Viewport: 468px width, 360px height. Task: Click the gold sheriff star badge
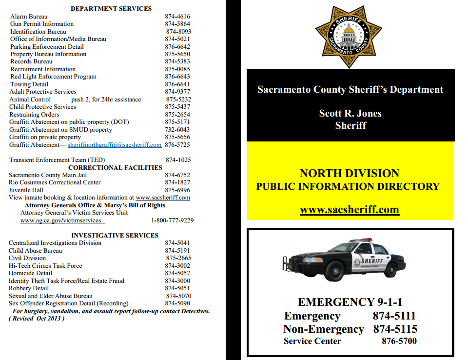pos(349,37)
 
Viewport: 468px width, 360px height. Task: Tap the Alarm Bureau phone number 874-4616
pos(177,16)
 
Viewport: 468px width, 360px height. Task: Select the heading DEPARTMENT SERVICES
pos(111,8)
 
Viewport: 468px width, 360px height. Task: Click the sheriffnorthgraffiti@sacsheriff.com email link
pos(115,145)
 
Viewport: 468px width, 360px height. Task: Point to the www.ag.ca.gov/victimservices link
pos(61,220)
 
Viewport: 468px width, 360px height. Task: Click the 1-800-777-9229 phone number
pos(172,220)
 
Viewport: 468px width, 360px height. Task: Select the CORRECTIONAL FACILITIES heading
pos(115,167)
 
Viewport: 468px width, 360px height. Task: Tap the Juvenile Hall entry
pos(26,190)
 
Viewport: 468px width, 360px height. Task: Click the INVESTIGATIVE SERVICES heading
pos(115,235)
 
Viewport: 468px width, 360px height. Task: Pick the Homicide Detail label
pos(30,273)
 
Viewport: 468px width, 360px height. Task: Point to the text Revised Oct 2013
pos(37,319)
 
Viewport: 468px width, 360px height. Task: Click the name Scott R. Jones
pos(350,114)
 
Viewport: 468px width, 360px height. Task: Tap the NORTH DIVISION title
pos(349,173)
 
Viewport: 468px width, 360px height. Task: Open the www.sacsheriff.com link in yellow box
pos(349,210)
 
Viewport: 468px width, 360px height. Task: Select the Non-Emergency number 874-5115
pos(395,329)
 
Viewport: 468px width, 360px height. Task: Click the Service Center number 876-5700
pos(399,341)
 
